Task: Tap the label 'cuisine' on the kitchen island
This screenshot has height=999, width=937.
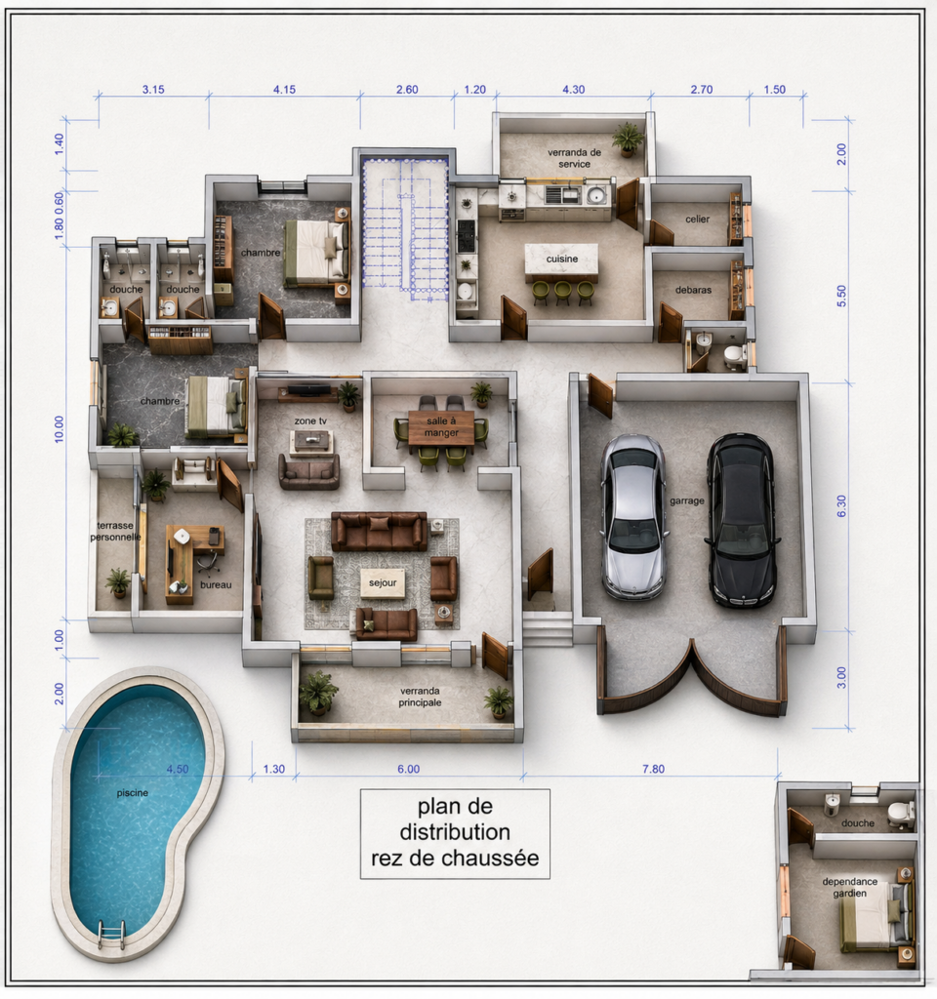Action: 561,259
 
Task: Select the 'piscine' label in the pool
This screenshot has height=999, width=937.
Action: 133,793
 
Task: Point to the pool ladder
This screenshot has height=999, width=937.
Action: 111,935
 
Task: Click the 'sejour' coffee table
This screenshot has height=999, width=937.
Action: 383,583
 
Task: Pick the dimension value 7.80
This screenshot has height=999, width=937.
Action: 653,769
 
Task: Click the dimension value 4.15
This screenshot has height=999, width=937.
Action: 284,90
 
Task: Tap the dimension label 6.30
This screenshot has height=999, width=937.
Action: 841,506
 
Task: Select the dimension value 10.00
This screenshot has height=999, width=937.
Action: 60,429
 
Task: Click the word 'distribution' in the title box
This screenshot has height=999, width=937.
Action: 455,832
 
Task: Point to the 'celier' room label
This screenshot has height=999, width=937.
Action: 697,220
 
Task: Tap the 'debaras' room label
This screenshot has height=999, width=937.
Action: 694,290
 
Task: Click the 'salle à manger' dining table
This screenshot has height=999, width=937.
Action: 441,427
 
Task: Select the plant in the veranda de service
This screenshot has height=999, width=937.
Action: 628,140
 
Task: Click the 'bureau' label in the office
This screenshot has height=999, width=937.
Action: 216,585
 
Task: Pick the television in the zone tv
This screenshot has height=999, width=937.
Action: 309,389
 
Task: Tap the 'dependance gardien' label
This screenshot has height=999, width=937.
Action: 850,888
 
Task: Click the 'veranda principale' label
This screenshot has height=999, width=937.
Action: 420,697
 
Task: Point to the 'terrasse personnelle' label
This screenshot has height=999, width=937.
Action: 115,532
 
